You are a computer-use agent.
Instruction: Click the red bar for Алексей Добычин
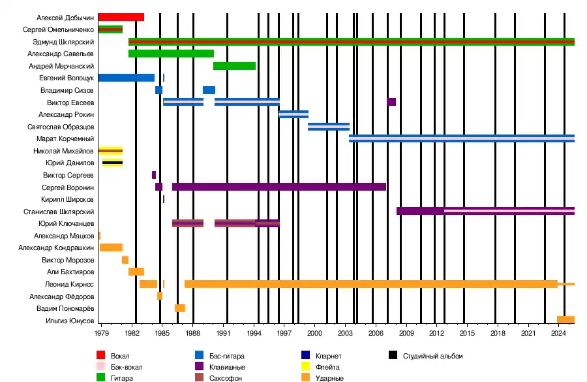point(121,17)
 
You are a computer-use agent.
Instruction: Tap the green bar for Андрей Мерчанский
point(234,66)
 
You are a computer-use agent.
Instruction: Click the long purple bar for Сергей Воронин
point(279,187)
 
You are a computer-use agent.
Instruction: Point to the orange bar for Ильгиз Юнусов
point(565,320)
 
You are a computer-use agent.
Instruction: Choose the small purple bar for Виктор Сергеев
point(154,175)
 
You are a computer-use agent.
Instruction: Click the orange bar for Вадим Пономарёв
point(180,308)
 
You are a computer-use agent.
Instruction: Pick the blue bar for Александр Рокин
point(293,114)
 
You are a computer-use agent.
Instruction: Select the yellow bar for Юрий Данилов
point(112,163)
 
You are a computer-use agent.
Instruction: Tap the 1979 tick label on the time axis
point(102,333)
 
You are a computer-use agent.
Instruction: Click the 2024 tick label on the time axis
point(558,333)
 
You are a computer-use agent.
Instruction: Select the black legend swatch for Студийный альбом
point(393,356)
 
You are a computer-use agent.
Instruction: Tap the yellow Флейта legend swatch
point(305,367)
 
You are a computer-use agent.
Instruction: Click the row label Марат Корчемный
point(65,138)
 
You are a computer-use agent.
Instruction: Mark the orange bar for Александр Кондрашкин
point(111,247)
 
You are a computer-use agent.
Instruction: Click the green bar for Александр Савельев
point(171,54)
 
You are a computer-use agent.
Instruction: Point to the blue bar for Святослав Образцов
point(329,127)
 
